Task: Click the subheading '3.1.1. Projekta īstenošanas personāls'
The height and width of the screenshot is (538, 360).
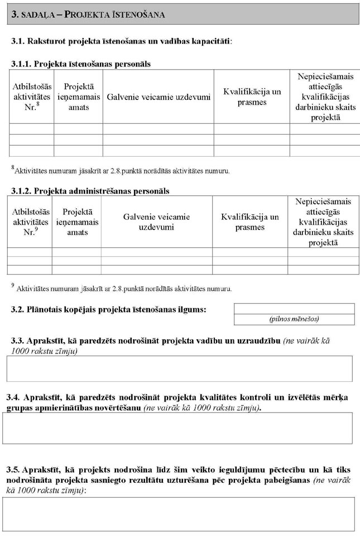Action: tap(80, 64)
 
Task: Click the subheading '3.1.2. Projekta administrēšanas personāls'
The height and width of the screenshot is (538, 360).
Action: tap(90, 191)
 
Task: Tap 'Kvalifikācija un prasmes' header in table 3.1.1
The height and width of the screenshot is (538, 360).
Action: tap(252, 97)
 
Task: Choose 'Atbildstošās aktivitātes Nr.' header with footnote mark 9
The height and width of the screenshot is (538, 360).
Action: tap(31, 222)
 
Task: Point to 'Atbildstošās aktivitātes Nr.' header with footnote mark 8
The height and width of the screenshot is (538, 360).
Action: tap(31, 97)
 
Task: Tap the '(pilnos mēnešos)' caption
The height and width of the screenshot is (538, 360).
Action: tap(294, 319)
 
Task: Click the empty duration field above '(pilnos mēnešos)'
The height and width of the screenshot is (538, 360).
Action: tap(294, 309)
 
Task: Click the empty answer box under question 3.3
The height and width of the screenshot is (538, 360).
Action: tap(179, 368)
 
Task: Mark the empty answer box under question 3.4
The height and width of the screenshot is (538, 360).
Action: tap(177, 428)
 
